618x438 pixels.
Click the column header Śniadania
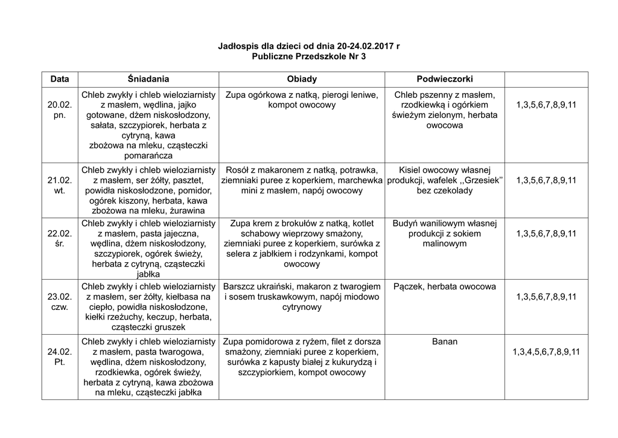[148, 79]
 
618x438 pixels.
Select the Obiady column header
[302, 79]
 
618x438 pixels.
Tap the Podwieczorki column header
[445, 79]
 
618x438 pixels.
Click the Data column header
[60, 79]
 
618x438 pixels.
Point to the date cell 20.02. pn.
[60, 110]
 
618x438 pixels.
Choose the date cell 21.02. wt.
[60, 185]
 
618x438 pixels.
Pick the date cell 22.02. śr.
[60, 239]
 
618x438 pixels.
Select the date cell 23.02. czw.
[60, 301]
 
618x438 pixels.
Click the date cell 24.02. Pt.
[60, 356]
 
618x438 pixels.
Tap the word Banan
[445, 342]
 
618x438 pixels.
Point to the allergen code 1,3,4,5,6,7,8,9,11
[546, 352]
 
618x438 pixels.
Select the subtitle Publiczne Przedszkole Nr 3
[308, 56]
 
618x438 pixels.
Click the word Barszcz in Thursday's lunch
[240, 286]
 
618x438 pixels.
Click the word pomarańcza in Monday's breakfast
[148, 155]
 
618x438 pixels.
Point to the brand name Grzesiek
[482, 180]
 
